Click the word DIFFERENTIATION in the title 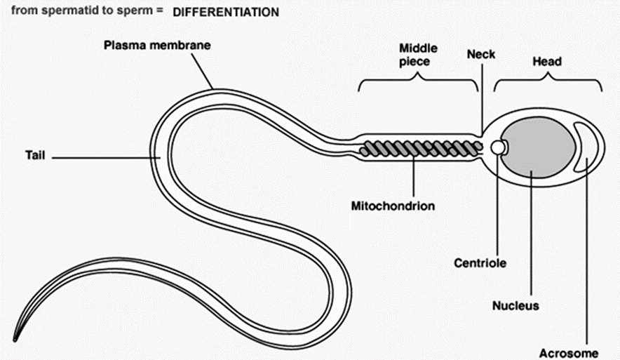pos(226,12)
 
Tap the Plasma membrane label pos(157,45)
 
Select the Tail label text pos(35,155)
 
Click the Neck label pos(481,54)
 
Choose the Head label pos(547,61)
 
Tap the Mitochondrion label pos(393,206)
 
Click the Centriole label pos(480,262)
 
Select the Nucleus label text pos(515,305)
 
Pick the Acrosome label pos(569,353)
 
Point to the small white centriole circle pos(497,147)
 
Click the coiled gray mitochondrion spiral pos(421,148)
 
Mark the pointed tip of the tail pos(15,340)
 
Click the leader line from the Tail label pos(106,158)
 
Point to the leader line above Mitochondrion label pos(414,175)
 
